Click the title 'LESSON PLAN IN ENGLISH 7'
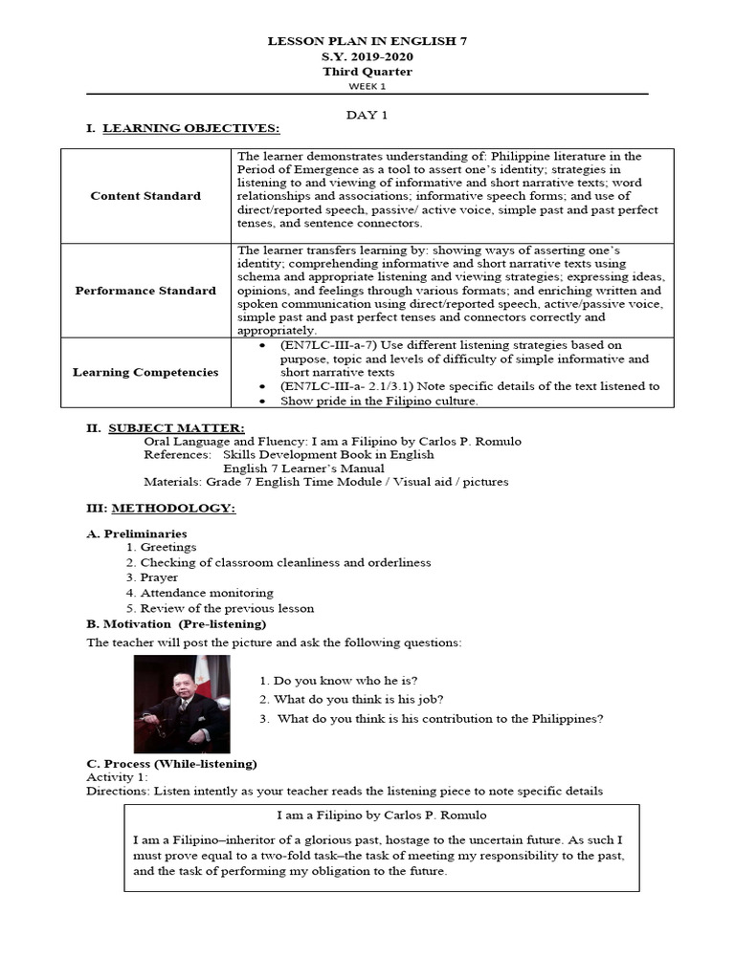[367, 42]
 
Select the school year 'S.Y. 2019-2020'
[367, 56]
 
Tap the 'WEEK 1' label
[367, 85]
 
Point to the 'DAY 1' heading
[367, 114]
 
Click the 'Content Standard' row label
[145, 196]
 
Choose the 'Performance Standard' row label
[145, 291]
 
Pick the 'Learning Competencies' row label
[145, 372]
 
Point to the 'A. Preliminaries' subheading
[137, 533]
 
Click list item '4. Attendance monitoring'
[200, 593]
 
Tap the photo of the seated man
[182, 705]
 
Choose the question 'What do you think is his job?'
[351, 699]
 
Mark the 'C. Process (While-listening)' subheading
[171, 764]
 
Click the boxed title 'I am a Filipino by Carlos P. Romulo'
[381, 816]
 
